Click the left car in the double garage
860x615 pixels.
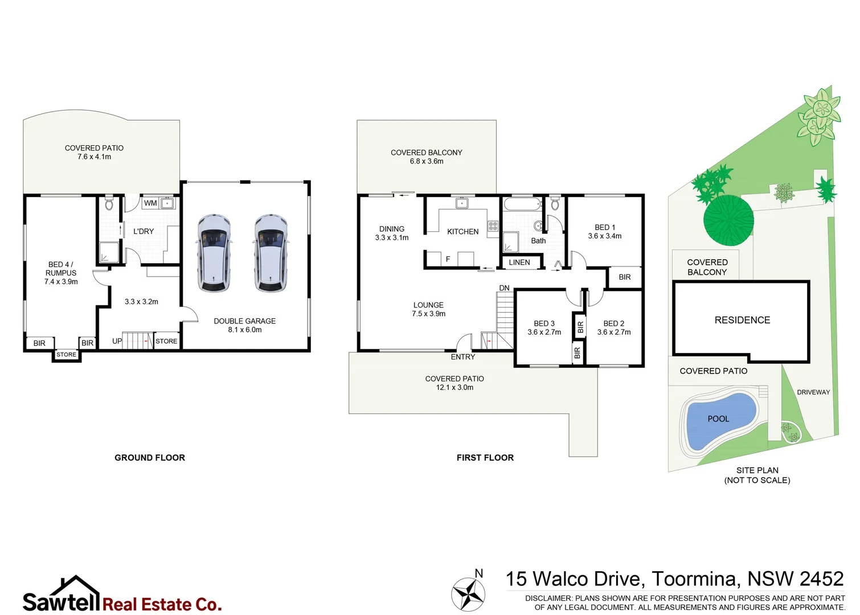click(x=214, y=253)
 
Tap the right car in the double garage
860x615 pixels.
click(x=271, y=253)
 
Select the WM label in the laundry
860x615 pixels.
click(x=150, y=203)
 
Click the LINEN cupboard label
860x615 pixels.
click(x=519, y=263)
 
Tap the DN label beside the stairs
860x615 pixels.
click(x=504, y=288)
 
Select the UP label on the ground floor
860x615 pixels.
click(x=117, y=341)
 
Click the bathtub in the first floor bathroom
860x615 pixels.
click(x=522, y=204)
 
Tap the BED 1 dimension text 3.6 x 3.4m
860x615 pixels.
click(x=605, y=236)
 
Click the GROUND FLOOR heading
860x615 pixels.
click(x=150, y=458)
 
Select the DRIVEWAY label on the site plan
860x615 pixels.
click(x=813, y=392)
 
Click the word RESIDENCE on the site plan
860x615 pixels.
click(x=742, y=321)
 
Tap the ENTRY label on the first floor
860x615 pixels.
click(x=462, y=357)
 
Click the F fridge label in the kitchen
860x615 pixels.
click(x=448, y=259)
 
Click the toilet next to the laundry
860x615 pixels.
click(x=109, y=204)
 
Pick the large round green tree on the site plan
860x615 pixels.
click(x=728, y=220)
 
